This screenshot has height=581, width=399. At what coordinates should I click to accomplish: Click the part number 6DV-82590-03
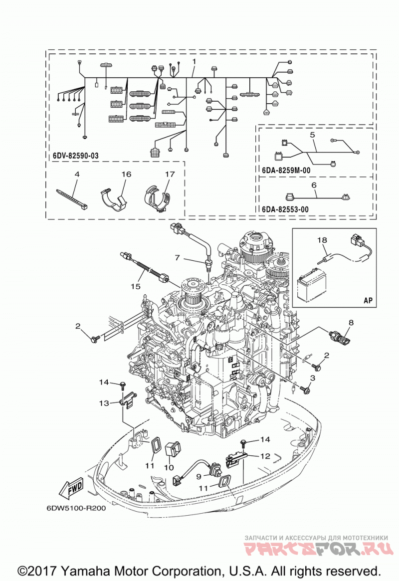76,156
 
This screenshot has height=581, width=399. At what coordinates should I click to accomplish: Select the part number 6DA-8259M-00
286,171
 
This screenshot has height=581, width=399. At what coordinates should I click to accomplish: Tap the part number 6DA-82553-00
285,209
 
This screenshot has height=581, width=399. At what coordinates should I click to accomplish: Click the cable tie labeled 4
72,199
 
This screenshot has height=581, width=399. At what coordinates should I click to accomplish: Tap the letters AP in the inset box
368,300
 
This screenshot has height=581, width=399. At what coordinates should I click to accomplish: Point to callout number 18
322,240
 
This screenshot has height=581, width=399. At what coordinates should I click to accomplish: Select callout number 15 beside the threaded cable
136,286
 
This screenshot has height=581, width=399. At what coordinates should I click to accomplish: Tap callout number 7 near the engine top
177,257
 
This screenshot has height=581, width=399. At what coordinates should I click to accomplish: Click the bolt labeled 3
306,389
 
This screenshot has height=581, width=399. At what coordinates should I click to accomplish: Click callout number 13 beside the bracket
104,403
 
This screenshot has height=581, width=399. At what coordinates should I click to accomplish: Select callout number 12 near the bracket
265,456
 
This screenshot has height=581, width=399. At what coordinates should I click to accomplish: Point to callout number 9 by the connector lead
199,476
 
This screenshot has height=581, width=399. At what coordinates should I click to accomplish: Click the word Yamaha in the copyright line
84,570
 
